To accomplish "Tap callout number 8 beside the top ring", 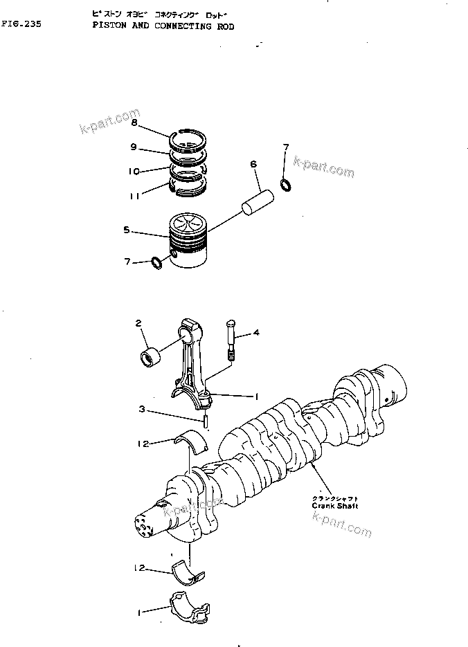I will coord(134,122).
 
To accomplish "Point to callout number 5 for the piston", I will coord(126,230).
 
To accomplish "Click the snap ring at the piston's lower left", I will coord(157,263).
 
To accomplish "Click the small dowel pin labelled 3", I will coord(206,419).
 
